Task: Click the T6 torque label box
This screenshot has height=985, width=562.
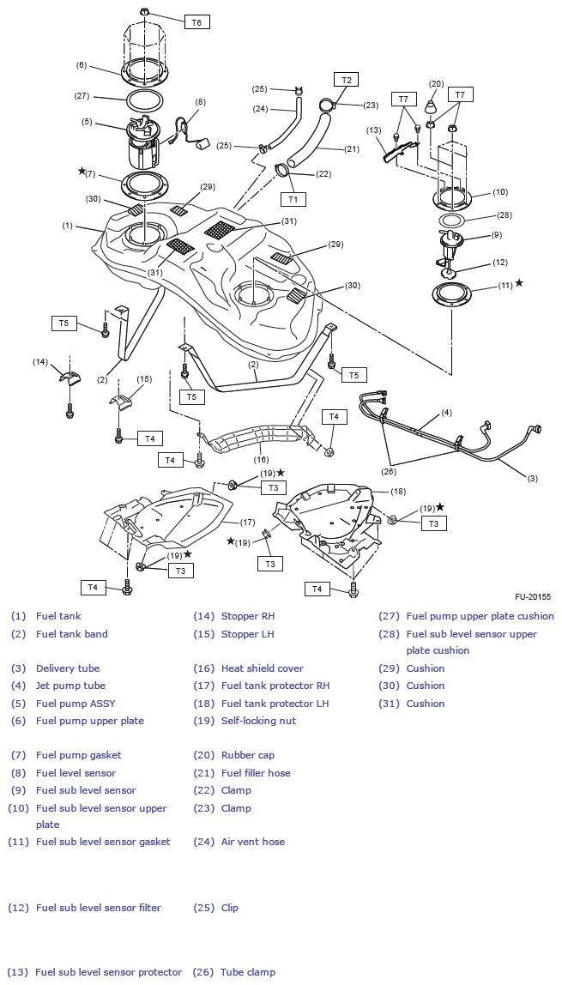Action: tap(196, 22)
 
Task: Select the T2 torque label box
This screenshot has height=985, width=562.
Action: tap(346, 80)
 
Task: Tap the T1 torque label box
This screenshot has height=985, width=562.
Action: tap(293, 199)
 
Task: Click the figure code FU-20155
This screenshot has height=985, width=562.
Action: tap(532, 596)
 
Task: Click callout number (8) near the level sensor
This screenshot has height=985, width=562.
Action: tap(201, 101)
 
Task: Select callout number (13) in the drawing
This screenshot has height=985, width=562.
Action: tap(373, 130)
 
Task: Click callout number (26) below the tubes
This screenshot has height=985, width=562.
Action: tap(390, 470)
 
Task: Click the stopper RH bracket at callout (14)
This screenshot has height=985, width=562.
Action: tap(69, 378)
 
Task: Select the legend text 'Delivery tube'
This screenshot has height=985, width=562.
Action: tap(68, 668)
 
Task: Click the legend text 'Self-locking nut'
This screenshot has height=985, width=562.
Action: tap(258, 721)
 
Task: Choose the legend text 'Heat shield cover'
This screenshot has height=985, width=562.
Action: tap(262, 668)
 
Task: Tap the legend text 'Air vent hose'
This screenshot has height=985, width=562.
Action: tap(253, 842)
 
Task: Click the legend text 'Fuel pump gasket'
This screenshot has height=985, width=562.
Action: tap(79, 755)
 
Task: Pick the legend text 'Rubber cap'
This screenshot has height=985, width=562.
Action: tap(247, 755)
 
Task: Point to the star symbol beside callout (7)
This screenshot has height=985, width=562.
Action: tap(82, 172)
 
